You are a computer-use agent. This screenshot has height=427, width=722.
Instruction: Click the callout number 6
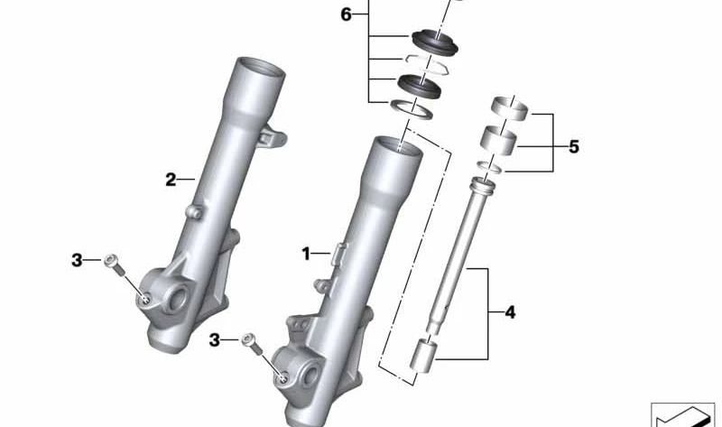[346, 14]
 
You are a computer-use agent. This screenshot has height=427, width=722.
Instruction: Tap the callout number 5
[573, 147]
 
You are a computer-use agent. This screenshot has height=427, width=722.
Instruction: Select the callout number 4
[510, 312]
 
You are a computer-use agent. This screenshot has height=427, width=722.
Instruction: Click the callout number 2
[171, 179]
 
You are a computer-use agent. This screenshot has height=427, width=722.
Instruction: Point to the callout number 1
[306, 254]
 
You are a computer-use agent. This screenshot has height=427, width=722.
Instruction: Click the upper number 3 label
[77, 260]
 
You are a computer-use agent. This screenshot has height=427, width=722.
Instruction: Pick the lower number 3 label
[214, 341]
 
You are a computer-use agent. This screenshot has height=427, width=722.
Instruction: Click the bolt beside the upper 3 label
[115, 265]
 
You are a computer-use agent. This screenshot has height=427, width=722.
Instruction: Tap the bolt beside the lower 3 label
[253, 344]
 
